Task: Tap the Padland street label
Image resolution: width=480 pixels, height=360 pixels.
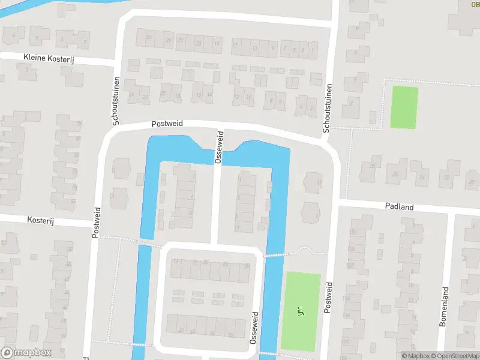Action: (399, 206)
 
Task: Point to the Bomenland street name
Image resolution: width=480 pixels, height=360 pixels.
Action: (444, 307)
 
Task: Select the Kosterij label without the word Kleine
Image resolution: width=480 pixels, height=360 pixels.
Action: (41, 221)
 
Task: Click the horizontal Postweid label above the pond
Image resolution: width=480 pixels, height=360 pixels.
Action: (166, 124)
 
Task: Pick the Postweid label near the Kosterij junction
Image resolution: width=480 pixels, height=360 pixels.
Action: (96, 223)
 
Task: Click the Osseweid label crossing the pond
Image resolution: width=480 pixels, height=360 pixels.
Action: (219, 147)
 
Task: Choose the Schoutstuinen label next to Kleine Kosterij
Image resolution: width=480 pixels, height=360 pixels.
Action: (116, 97)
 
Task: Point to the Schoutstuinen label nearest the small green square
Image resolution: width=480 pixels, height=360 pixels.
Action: (328, 109)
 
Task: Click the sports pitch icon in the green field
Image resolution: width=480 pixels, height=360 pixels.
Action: (301, 311)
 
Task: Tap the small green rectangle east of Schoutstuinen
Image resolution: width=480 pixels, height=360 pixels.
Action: (404, 107)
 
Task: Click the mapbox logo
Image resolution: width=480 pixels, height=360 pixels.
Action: (26, 353)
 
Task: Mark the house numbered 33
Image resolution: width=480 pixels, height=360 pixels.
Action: (149, 38)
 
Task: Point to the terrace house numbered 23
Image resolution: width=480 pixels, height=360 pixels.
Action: (198, 43)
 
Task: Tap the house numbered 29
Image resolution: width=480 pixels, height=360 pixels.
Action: (169, 40)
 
